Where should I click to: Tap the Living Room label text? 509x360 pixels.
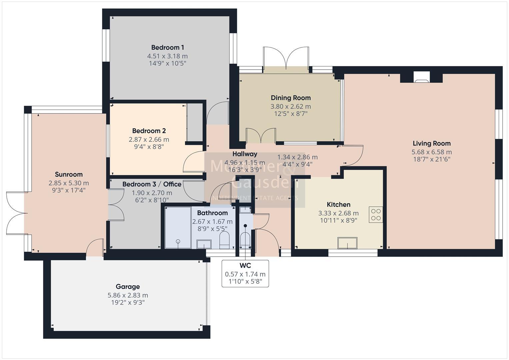(431, 143)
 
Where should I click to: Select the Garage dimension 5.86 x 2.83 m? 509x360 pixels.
(128, 295)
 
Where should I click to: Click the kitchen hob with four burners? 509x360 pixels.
(376, 215)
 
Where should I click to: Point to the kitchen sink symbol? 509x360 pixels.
(347, 243)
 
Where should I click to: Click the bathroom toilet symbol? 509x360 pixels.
(224, 240)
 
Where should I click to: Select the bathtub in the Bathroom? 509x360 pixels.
(178, 228)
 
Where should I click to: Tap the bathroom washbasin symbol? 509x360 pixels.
(204, 244)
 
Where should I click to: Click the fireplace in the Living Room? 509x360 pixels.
(421, 77)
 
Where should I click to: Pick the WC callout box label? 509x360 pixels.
(245, 266)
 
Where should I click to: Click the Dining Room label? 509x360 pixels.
(291, 98)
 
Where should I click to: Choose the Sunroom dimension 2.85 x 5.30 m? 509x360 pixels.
(69, 183)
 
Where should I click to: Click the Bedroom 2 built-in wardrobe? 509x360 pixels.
(195, 122)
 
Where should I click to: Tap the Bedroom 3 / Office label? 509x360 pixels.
(152, 184)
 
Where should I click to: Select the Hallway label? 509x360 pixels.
(245, 154)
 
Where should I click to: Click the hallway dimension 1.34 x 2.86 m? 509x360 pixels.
(297, 157)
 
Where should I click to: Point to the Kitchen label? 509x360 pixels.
(338, 204)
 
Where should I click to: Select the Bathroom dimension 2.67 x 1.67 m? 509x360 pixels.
(212, 221)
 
